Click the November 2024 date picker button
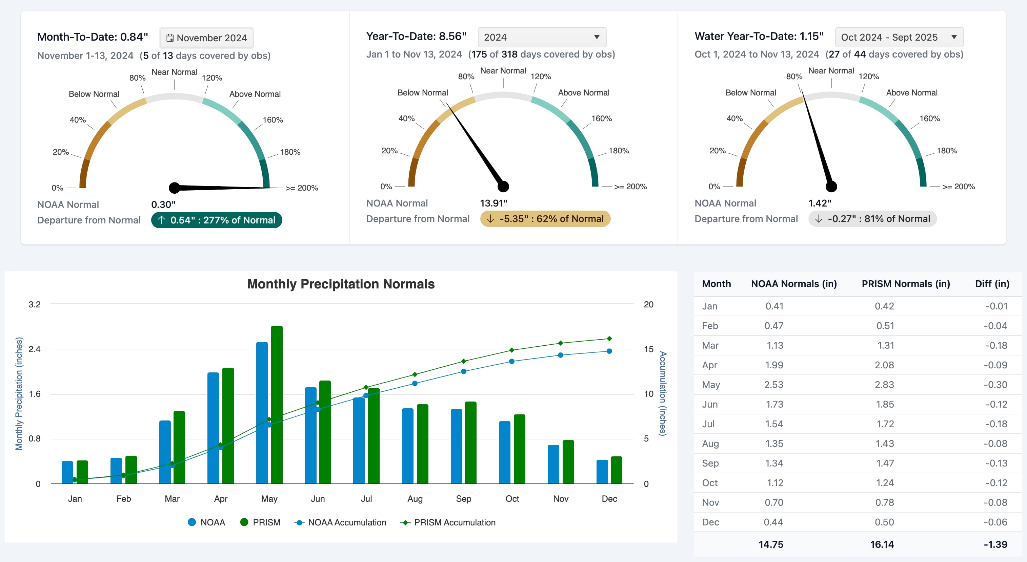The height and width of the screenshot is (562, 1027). click(x=206, y=38)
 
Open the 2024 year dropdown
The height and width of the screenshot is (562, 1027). click(x=541, y=37)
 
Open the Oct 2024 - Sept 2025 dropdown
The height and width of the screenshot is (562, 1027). click(x=899, y=37)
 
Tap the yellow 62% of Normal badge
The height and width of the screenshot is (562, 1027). click(x=545, y=219)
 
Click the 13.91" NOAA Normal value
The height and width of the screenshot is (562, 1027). click(x=493, y=203)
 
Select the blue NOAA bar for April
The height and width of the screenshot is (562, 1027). click(x=213, y=428)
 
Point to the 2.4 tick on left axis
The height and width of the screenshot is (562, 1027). click(x=35, y=349)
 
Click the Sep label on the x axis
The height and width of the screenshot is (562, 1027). click(x=463, y=499)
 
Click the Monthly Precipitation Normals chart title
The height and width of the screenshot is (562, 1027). click(x=341, y=284)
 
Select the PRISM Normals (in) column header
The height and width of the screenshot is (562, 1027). click(x=905, y=284)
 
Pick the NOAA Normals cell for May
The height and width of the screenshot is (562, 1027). click(x=773, y=384)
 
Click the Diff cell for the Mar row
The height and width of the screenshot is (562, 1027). click(x=995, y=345)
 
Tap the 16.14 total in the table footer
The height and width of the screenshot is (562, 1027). click(x=882, y=544)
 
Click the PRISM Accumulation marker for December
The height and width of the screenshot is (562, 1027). click(x=609, y=339)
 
